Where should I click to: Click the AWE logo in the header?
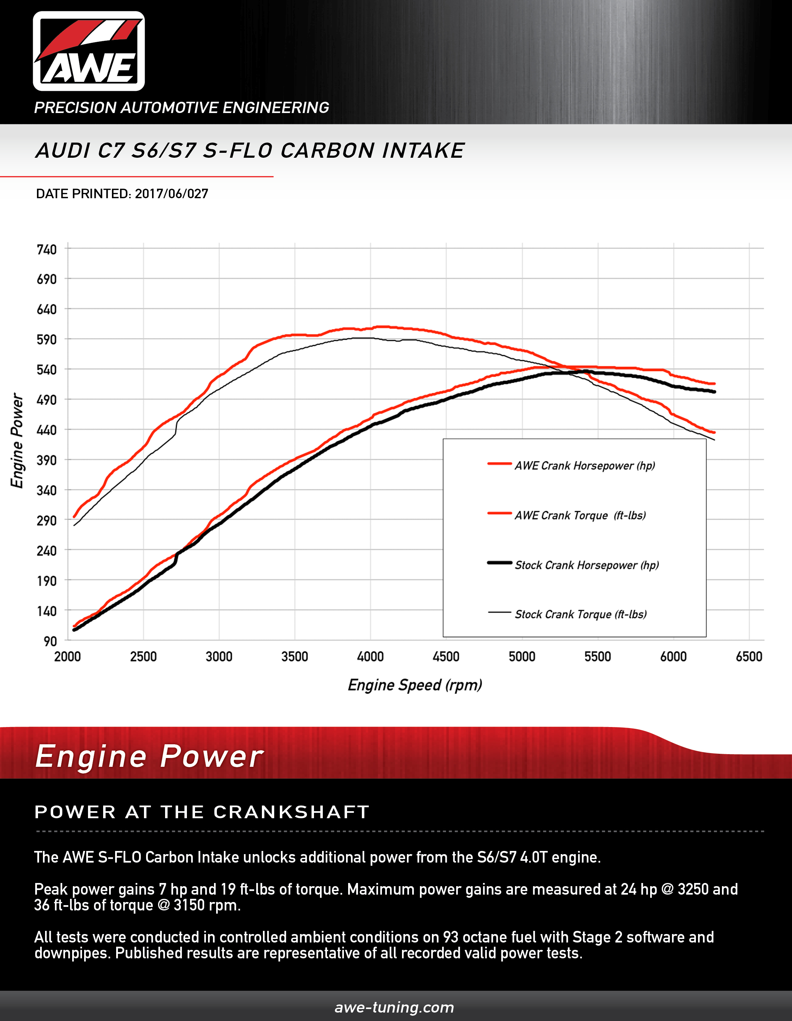(x=89, y=51)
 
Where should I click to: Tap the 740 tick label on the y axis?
(x=47, y=250)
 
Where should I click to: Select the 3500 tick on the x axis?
(x=295, y=657)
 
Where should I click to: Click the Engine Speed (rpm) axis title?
(x=415, y=685)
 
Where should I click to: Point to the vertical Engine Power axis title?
(x=17, y=440)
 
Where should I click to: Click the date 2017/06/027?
(x=171, y=194)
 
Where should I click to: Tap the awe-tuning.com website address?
(x=394, y=1007)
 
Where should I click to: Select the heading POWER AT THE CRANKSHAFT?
(x=202, y=812)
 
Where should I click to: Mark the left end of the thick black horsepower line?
(x=74, y=630)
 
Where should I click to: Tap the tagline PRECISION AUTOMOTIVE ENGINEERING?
(x=181, y=107)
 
